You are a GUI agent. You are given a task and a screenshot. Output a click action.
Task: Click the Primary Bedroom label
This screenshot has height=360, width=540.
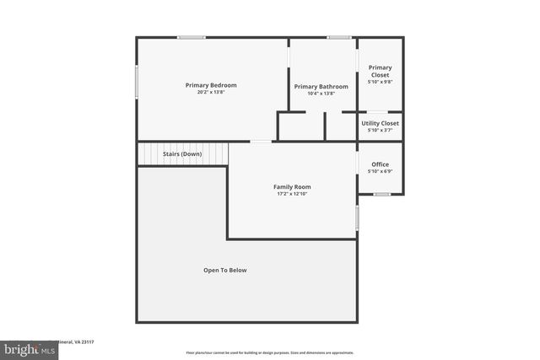211,85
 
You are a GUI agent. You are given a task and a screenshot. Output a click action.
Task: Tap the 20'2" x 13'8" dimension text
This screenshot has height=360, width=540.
211,92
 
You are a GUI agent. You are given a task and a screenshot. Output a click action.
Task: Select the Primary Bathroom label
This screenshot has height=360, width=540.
321,87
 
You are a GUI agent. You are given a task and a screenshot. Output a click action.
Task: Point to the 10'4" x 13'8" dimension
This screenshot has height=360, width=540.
321,94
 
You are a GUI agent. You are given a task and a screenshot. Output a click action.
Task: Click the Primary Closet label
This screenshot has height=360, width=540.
381,71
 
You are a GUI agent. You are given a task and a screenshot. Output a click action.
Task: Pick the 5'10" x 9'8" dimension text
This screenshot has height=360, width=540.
381,82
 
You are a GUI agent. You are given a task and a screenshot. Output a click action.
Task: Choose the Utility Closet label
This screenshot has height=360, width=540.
381,123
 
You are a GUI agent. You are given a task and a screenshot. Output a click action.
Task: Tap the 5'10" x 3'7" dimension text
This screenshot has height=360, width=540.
381,130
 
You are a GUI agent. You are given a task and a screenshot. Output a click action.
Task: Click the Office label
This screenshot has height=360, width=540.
381,164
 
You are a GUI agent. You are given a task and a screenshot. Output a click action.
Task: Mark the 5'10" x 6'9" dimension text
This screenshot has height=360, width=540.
381,171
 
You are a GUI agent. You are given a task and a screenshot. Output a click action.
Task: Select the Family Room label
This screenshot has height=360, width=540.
292,186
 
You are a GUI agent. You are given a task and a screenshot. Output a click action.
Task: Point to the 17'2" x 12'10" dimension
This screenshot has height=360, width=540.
292,194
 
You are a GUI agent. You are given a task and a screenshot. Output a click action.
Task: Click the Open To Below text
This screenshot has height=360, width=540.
225,270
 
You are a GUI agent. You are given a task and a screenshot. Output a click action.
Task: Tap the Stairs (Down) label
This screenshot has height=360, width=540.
182,154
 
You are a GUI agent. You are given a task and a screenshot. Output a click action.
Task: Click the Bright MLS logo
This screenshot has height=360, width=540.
29,349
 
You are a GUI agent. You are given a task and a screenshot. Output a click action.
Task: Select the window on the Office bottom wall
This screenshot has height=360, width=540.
382,195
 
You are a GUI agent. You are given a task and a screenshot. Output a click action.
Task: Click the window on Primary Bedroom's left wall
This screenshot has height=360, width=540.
138,83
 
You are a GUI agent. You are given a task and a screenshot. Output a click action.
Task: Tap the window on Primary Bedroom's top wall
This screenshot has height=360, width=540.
192,37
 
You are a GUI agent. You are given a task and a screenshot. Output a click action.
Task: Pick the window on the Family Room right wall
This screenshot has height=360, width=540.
358,218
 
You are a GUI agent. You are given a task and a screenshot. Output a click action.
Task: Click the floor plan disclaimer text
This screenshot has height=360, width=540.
269,352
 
